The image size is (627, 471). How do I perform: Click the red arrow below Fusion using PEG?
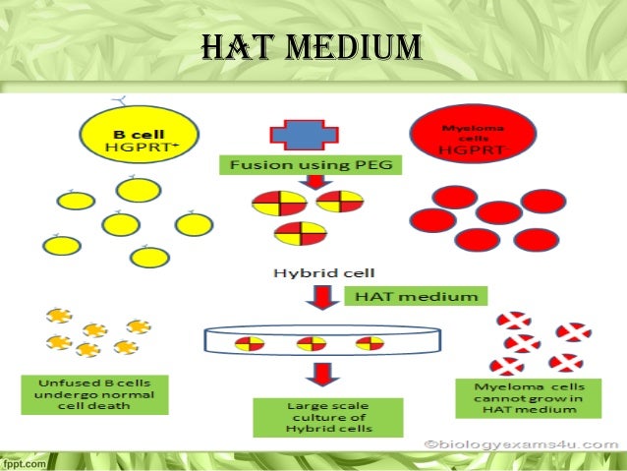tap(313, 183)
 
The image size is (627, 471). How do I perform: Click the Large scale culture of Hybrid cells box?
tap(327, 416)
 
